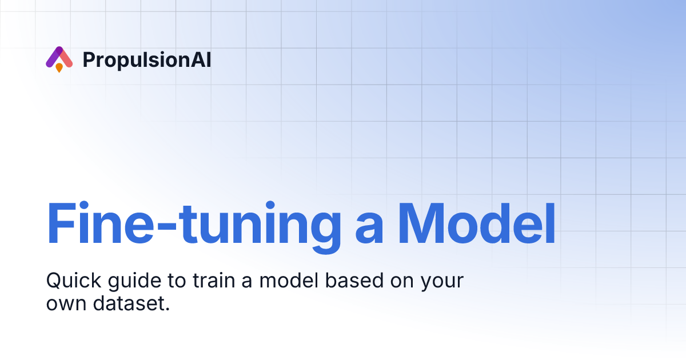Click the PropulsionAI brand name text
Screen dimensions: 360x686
click(x=147, y=59)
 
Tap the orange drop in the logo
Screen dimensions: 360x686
click(x=59, y=67)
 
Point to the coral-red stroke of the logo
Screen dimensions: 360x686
click(x=66, y=58)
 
